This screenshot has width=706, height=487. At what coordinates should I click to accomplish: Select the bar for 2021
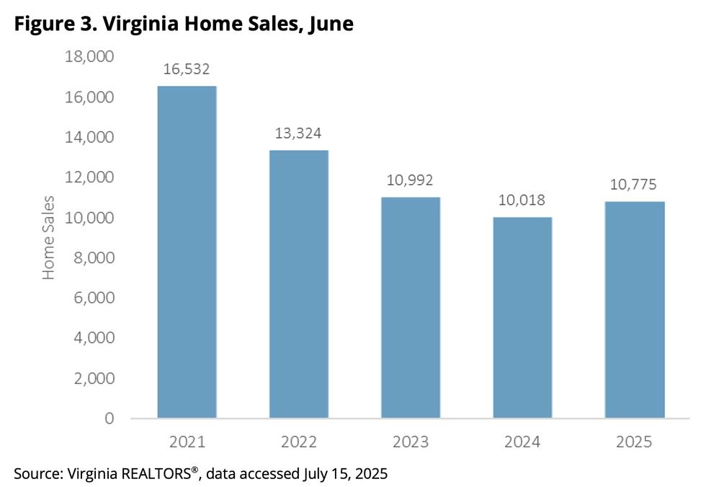pos(187,253)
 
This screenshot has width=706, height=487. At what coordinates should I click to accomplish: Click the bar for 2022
pos(298,284)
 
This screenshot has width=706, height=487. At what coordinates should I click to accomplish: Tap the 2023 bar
pos(411,307)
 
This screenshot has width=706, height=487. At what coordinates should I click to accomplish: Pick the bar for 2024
pos(522,317)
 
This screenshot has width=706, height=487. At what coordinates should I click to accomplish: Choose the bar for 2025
pos(634,310)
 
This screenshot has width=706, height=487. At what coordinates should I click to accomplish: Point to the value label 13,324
pos(298,133)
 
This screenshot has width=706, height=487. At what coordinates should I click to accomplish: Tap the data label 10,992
pos(411,180)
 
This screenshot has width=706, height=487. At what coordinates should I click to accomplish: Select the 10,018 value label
pos(522,200)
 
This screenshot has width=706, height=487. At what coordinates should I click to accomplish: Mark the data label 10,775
pos(634,185)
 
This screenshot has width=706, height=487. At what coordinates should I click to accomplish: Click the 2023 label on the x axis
pos(411,442)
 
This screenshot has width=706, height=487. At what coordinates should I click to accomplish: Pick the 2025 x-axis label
pos(634,442)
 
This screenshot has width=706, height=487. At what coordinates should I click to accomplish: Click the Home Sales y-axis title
pos(49,237)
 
